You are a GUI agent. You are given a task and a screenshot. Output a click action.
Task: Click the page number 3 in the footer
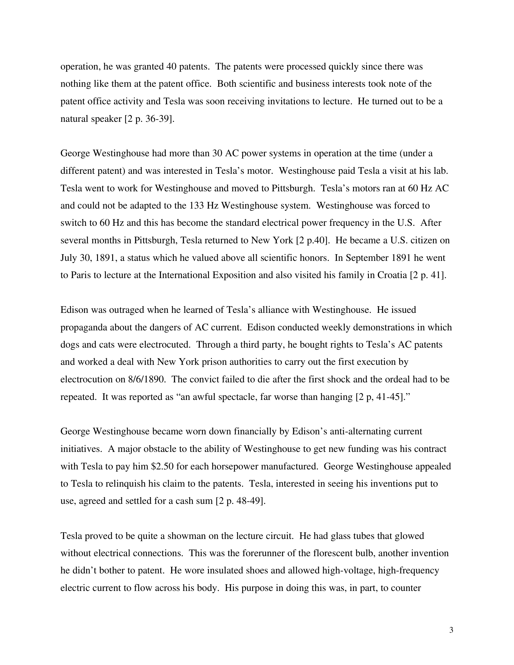451,630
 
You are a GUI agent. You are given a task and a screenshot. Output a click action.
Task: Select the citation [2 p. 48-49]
241,501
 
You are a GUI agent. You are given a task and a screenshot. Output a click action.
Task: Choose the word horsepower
239,466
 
